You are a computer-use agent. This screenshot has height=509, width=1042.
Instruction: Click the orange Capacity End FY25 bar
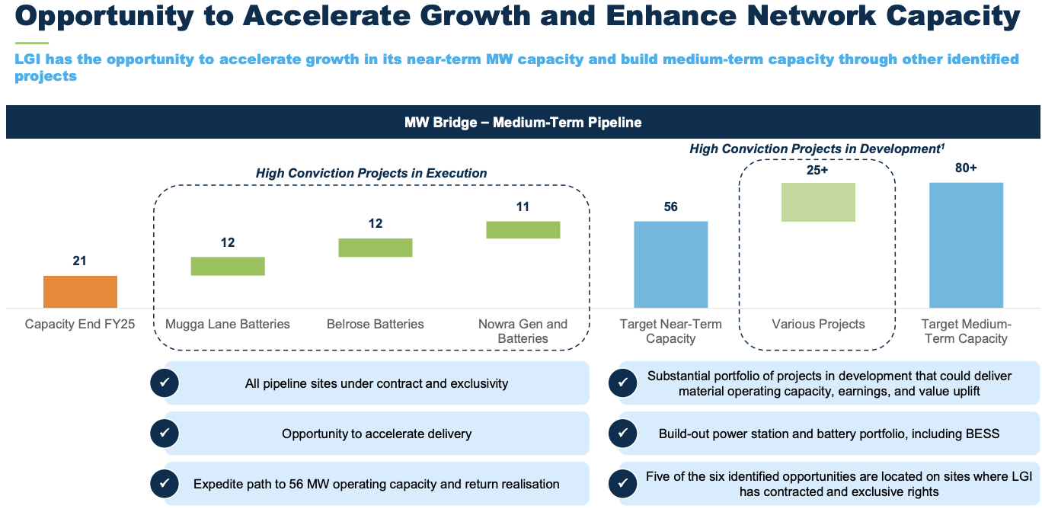(80, 292)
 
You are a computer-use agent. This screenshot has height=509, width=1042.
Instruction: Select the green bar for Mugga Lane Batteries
(228, 266)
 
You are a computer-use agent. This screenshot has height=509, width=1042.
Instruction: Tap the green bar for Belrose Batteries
(376, 248)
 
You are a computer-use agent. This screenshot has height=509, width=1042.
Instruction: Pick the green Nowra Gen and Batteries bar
(523, 230)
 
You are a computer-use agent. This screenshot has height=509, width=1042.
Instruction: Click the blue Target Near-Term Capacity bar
(671, 264)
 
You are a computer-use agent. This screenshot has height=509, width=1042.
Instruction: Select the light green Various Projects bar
(819, 202)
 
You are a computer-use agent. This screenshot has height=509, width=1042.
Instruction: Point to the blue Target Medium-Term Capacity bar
(966, 245)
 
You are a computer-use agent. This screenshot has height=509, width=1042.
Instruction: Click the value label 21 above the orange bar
(80, 261)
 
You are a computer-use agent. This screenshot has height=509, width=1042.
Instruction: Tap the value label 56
(671, 207)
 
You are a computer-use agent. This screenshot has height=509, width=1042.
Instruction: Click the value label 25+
(818, 170)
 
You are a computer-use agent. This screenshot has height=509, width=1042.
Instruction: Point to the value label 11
(523, 207)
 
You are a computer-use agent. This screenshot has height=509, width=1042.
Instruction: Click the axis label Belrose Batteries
(376, 325)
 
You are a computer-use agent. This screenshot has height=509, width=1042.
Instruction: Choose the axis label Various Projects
(819, 325)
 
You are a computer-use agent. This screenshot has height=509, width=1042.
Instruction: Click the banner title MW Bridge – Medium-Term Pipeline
(523, 123)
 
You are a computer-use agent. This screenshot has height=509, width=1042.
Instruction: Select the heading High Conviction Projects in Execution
(372, 174)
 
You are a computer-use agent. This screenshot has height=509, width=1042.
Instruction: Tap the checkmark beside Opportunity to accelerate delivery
(165, 434)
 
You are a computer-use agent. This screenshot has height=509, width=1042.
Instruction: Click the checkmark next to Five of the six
(623, 484)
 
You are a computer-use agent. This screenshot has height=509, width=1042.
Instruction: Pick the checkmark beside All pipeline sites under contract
(165, 383)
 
